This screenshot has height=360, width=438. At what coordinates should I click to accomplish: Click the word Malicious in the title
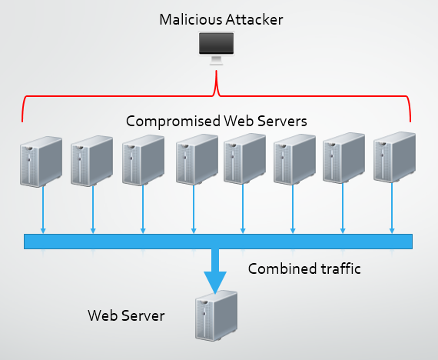pos(191,19)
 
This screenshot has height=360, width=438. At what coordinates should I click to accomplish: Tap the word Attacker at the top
pos(254,19)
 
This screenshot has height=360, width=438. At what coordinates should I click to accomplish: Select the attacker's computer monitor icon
pos(216,48)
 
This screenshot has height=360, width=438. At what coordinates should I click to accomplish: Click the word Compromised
pos(173,122)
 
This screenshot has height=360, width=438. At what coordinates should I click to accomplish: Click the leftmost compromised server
pos(41,162)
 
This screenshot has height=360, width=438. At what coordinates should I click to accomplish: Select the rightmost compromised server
pos(394,157)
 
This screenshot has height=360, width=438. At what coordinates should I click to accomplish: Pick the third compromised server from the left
pos(143,160)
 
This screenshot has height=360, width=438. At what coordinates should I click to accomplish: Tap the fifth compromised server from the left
pos(244,159)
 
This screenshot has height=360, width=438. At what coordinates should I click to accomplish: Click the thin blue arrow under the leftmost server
pos(43,210)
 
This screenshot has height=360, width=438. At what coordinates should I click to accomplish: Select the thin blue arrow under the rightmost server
pos(392,208)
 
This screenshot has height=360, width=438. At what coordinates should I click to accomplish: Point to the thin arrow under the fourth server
pos(194,209)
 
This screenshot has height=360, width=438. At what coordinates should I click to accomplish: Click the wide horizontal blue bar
pos(218,242)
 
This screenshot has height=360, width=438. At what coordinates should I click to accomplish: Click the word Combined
pos(282,268)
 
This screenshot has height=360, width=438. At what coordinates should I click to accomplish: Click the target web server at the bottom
pos(216,315)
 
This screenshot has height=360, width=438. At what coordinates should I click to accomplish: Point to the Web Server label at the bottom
pos(126,315)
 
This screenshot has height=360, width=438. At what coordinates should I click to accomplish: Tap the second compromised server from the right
pos(343,158)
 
